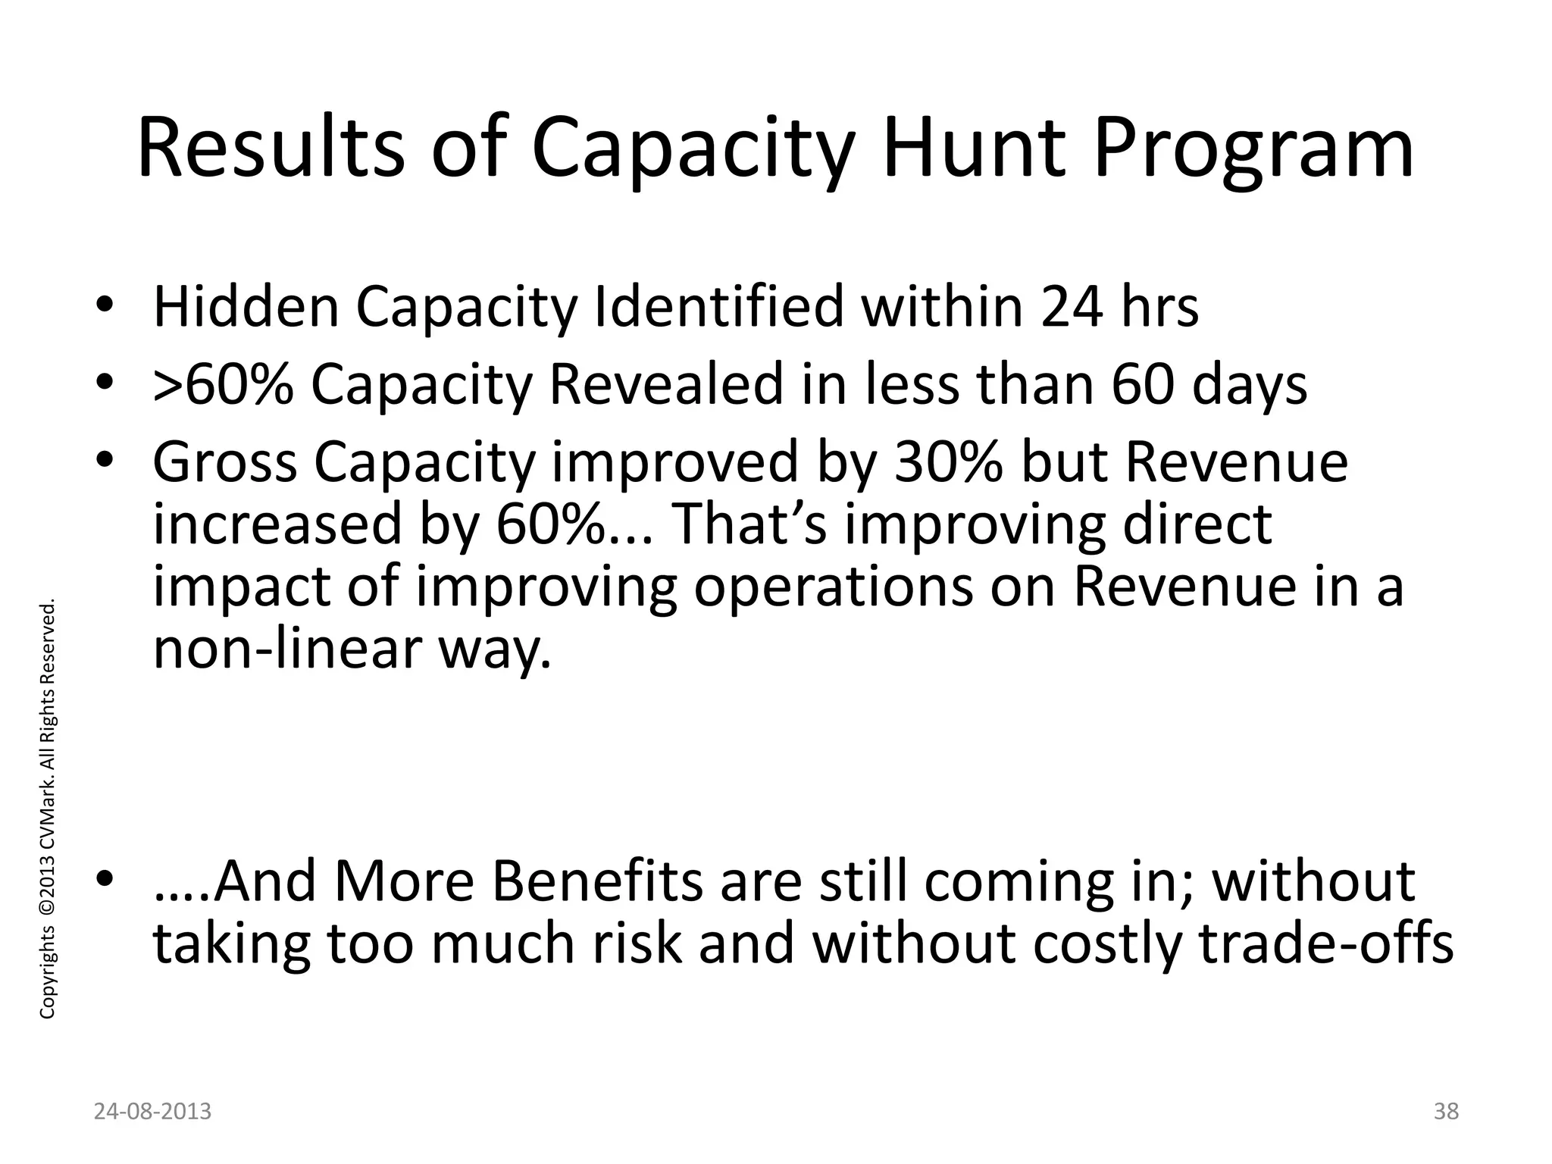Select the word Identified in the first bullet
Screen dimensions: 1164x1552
tap(719, 307)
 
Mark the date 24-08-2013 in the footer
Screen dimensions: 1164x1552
tap(153, 1112)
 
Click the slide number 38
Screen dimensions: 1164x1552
tap(1446, 1112)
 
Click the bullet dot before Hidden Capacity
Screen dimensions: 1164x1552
tap(105, 307)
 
